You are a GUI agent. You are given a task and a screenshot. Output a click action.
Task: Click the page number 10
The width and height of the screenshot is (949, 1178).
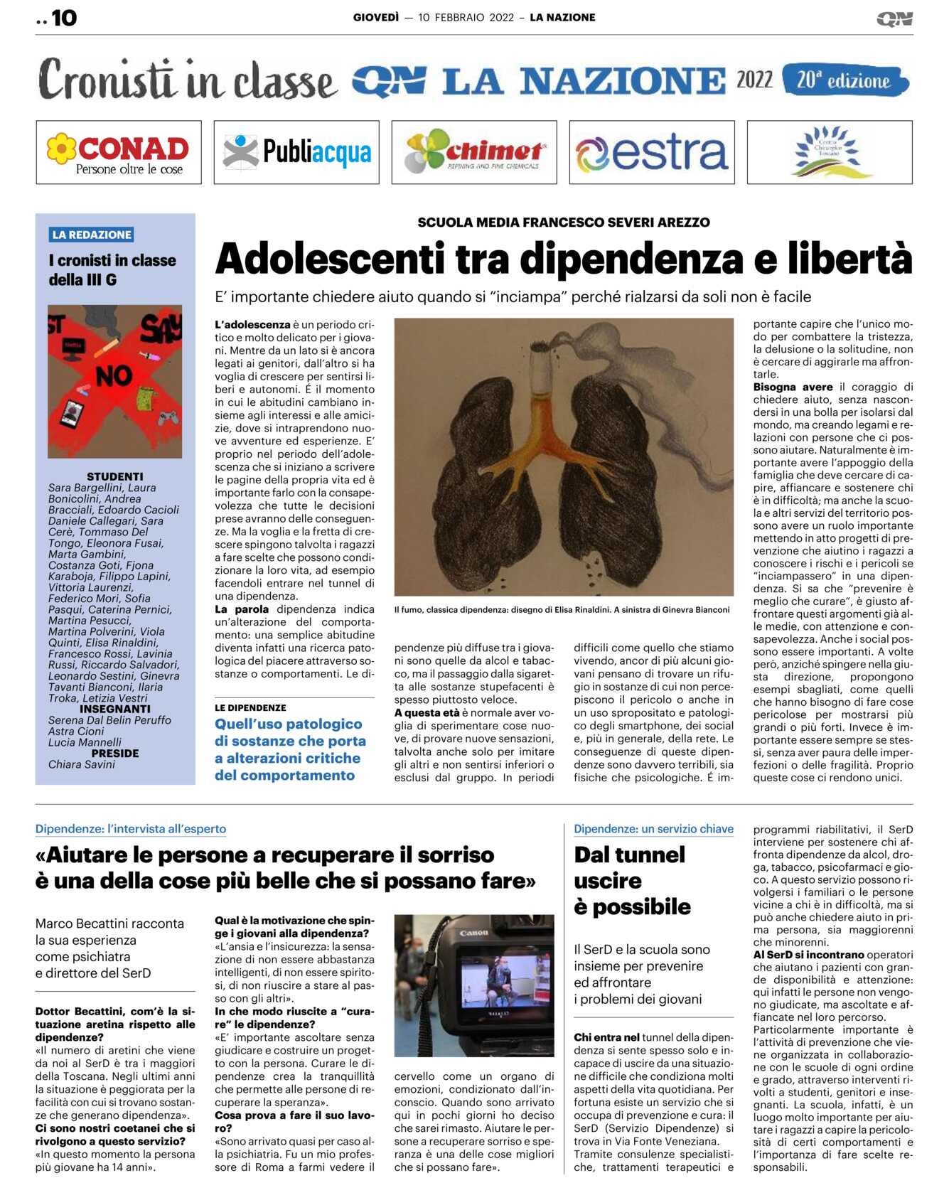tap(64, 18)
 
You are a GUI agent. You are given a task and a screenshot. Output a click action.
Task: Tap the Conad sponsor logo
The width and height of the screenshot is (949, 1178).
tap(119, 152)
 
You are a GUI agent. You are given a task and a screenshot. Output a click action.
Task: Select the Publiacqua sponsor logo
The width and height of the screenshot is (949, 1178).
tap(296, 152)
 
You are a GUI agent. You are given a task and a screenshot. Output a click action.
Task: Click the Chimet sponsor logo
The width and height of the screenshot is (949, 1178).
tap(473, 152)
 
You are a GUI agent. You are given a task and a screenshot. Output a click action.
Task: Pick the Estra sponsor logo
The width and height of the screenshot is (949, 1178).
tap(651, 152)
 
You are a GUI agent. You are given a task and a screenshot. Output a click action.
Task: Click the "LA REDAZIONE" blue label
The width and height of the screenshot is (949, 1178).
tap(92, 235)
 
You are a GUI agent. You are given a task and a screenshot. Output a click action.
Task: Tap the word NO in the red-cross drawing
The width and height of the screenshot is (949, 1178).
tap(114, 375)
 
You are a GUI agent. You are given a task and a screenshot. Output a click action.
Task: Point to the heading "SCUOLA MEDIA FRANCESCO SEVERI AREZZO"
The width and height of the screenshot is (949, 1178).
tap(563, 223)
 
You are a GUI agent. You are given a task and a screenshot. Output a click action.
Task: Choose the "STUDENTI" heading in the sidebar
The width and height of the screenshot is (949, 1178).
tap(114, 476)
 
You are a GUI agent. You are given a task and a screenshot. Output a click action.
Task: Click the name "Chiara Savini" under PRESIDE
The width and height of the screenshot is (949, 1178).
tap(81, 764)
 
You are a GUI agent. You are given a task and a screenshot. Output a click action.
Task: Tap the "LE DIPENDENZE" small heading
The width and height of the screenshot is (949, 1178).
tap(250, 708)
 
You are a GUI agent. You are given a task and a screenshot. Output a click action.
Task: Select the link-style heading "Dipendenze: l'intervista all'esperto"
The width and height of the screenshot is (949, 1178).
tap(131, 829)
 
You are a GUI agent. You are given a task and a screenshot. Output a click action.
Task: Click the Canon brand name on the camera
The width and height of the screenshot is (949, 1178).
tap(473, 933)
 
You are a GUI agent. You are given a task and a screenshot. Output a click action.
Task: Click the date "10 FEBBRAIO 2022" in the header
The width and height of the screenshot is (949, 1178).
tap(466, 18)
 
